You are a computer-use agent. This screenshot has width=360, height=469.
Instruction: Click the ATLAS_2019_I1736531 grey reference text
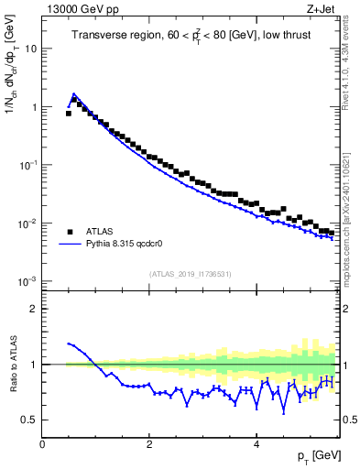point(191,274)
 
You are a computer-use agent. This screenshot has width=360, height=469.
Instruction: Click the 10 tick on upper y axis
point(30,49)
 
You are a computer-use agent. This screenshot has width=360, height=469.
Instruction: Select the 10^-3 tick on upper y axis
point(27,281)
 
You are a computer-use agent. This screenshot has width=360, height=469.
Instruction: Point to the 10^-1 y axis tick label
point(27,165)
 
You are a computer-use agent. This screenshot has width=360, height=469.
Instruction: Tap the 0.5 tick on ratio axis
point(28,420)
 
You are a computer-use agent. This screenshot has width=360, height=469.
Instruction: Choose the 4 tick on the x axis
point(256,443)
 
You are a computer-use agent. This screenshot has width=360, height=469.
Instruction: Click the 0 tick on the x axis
point(42,443)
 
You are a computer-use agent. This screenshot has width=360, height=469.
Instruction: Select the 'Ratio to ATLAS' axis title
point(12,364)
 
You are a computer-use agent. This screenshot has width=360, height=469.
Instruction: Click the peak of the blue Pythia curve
point(74,93)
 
